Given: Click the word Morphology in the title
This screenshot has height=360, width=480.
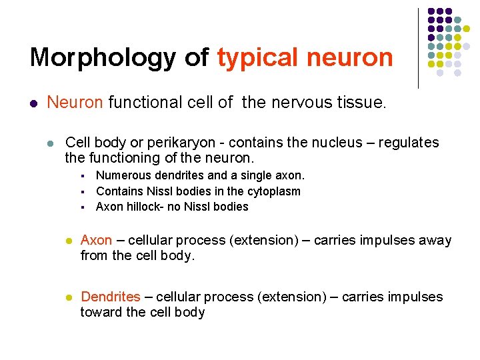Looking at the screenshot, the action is click(103, 58).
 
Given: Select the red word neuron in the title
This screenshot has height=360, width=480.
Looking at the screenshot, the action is click(350, 58).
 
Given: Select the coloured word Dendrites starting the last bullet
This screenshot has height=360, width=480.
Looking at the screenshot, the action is click(111, 297).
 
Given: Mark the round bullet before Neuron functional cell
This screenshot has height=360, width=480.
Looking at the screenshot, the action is click(33, 103).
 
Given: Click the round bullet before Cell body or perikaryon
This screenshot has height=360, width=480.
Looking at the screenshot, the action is click(50, 143).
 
